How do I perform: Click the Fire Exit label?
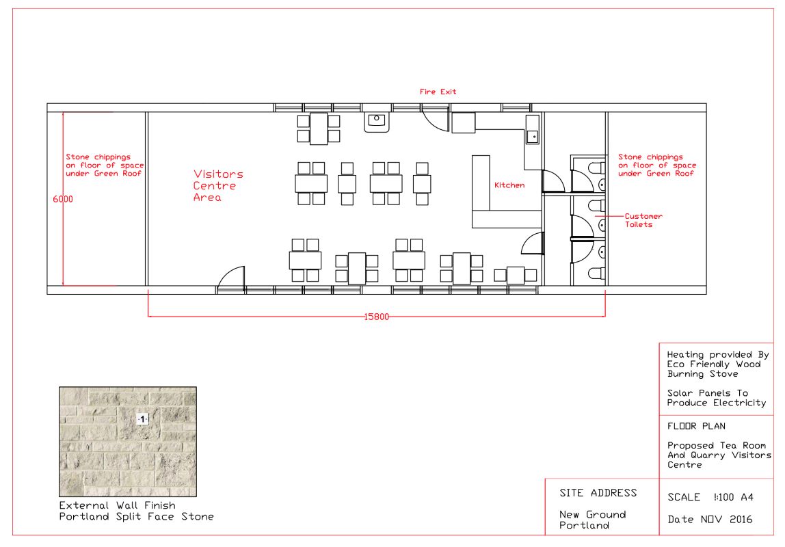click(x=438, y=92)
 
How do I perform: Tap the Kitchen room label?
click(x=509, y=185)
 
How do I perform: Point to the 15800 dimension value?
click(x=377, y=317)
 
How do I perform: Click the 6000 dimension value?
click(x=63, y=199)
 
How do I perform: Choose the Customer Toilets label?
click(x=643, y=220)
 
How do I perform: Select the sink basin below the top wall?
click(x=377, y=122)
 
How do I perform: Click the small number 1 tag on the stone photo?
click(x=143, y=419)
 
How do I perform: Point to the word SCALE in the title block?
click(x=684, y=498)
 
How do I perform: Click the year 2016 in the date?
click(x=741, y=520)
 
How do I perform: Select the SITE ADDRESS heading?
click(x=598, y=493)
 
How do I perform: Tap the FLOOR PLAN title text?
click(x=696, y=427)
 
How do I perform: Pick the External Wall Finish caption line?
click(x=117, y=505)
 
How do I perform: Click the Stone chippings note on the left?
click(x=105, y=165)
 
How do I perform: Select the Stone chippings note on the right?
click(x=657, y=165)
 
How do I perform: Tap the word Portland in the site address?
click(x=584, y=526)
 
